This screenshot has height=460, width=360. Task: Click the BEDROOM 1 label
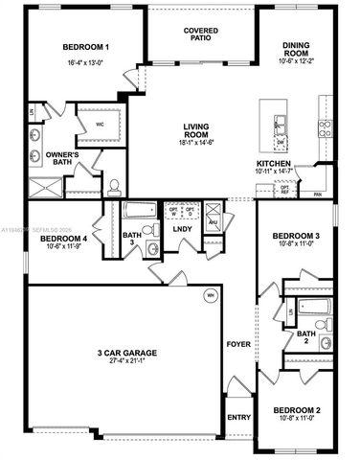(x=85, y=47)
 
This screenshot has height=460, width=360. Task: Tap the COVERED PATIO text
(x=201, y=35)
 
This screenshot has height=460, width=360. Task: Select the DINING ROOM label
(x=299, y=47)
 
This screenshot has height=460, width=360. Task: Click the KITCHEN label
(x=274, y=164)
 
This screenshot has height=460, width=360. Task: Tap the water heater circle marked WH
(x=208, y=295)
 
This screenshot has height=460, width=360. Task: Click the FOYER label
(x=236, y=342)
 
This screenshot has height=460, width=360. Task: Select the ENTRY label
(x=237, y=417)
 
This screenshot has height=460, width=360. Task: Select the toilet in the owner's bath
(x=112, y=186)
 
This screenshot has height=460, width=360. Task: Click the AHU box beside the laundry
(x=214, y=222)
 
